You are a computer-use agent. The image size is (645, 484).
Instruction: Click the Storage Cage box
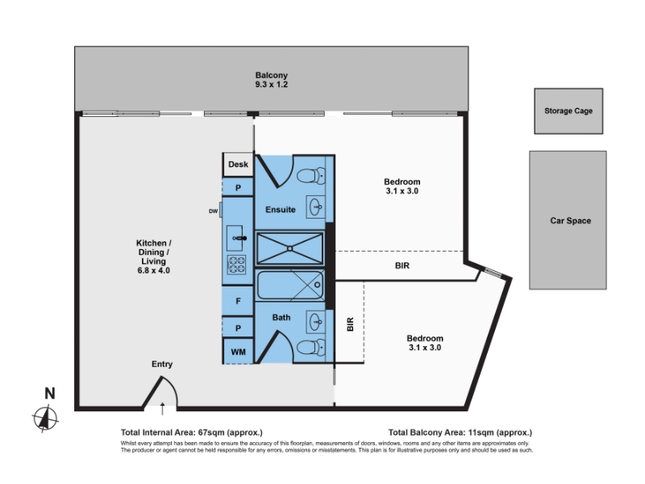click(568, 111)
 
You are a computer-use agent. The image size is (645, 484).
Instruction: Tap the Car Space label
click(571, 220)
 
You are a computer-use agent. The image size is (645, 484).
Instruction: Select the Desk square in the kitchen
click(238, 165)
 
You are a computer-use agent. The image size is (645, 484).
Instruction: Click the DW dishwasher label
click(213, 211)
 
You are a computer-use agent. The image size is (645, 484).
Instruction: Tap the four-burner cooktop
click(236, 265)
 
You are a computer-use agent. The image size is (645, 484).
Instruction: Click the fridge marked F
click(238, 301)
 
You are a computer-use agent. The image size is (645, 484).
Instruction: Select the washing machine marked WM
click(238, 352)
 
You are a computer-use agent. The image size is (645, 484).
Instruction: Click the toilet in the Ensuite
click(311, 176)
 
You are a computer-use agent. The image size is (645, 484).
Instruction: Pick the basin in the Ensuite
click(316, 207)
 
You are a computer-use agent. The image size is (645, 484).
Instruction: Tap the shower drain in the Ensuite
click(290, 248)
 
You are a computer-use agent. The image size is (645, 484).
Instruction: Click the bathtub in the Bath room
click(290, 285)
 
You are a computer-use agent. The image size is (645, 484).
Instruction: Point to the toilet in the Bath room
click(311, 347)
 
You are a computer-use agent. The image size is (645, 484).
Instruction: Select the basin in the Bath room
click(316, 321)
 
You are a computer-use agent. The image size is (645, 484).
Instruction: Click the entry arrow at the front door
click(163, 409)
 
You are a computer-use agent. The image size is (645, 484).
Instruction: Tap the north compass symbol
click(45, 419)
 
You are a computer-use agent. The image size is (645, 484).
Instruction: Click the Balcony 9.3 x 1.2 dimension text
click(271, 85)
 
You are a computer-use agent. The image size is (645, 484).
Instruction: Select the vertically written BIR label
click(350, 324)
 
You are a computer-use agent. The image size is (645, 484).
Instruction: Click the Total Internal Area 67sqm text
click(192, 432)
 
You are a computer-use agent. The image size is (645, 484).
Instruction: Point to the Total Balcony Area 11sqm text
click(460, 432)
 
